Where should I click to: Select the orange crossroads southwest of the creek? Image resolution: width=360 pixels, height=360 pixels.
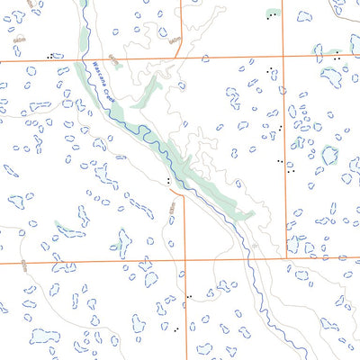185,261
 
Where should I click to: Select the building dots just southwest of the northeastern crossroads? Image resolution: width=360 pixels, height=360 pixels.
269,68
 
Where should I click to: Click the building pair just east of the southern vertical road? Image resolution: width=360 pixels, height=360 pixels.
188,295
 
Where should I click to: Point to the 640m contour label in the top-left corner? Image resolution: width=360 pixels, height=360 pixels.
20,40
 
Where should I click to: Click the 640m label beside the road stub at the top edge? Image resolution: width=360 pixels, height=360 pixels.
174,40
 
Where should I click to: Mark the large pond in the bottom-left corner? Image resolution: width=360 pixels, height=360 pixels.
43,337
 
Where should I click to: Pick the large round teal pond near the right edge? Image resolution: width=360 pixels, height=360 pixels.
329,155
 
